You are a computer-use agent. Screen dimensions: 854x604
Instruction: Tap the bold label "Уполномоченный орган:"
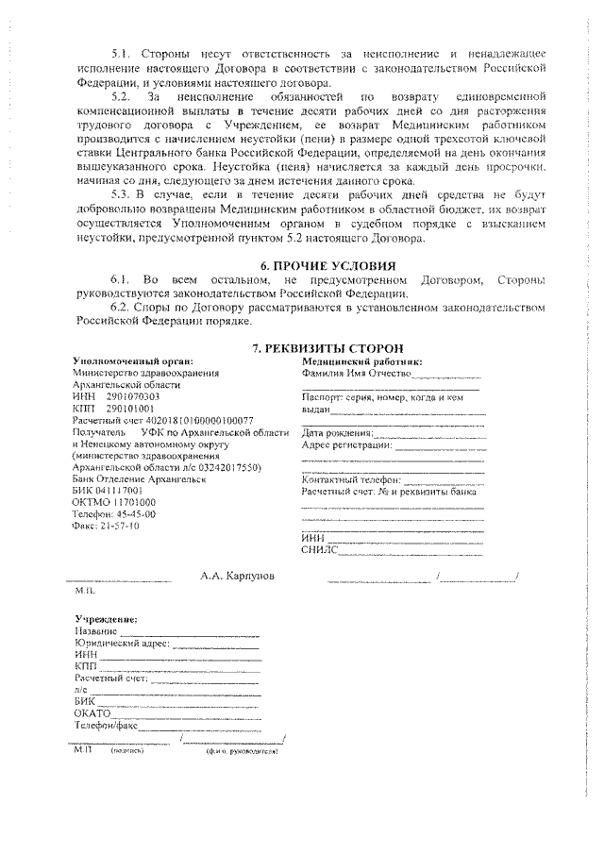tap(133, 360)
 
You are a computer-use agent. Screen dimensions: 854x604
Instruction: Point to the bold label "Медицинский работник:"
tap(361, 360)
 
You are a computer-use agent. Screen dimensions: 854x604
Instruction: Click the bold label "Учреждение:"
tap(106, 618)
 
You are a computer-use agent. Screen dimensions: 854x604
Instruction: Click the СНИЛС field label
tap(318, 548)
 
